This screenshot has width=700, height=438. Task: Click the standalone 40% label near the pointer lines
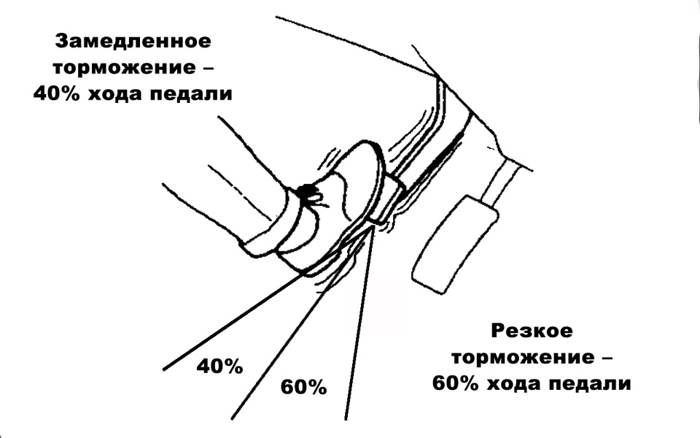pos(220,366)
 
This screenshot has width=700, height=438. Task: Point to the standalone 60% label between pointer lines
pos(304,387)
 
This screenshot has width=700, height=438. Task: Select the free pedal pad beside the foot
pos(454,246)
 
